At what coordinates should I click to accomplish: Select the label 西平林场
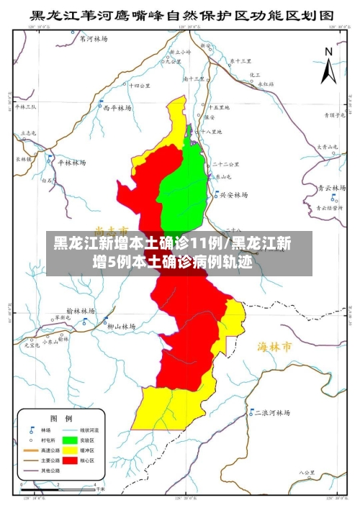pos(117,108)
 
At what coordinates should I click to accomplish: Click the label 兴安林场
pos(234,194)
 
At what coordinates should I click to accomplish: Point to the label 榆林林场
pos(81,310)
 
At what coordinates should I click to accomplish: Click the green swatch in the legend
pos(70,439)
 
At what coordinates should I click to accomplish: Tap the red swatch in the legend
pos(70,460)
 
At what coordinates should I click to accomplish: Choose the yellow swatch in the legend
pos(70,450)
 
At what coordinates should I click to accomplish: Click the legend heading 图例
pos(60,417)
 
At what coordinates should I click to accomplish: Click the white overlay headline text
pos(173,253)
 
